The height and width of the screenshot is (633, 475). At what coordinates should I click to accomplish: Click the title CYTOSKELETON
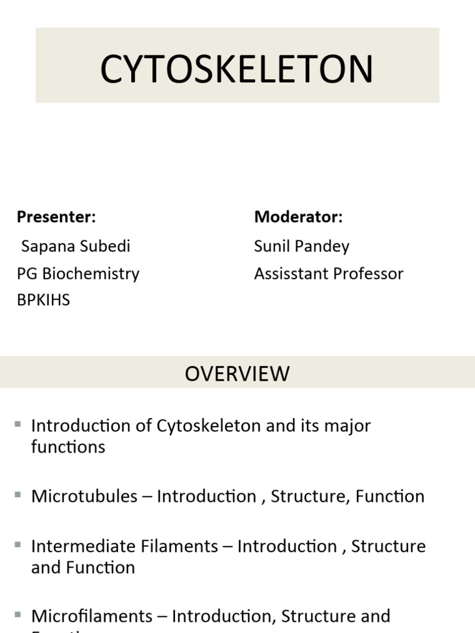click(x=237, y=69)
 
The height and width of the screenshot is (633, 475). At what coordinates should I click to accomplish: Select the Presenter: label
click(x=56, y=217)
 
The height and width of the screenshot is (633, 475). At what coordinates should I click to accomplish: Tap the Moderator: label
click(x=298, y=217)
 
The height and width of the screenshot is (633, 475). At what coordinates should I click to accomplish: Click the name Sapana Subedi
click(x=75, y=246)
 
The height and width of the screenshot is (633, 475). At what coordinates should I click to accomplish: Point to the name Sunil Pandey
click(x=301, y=246)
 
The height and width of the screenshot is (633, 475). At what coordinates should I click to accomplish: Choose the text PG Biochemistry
click(x=78, y=273)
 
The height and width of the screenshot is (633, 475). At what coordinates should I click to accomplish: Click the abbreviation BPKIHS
click(x=43, y=300)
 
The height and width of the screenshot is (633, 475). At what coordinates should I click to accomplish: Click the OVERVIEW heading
click(x=237, y=373)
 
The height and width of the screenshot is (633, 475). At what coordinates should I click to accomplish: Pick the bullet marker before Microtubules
click(x=18, y=494)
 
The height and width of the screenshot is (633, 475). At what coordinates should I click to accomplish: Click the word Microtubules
click(x=84, y=496)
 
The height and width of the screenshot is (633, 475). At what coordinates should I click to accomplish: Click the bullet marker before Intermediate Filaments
click(x=18, y=544)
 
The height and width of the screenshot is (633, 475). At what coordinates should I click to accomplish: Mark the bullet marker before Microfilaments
click(x=18, y=614)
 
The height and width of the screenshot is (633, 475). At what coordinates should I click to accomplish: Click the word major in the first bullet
click(x=348, y=426)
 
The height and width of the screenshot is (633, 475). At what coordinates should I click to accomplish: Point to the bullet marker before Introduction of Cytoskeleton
click(x=18, y=423)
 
